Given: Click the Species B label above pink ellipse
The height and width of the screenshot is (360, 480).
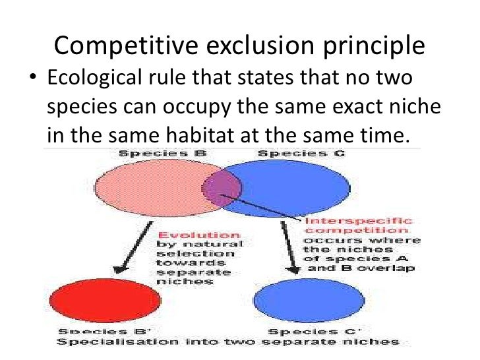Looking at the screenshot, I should point(146,154).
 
